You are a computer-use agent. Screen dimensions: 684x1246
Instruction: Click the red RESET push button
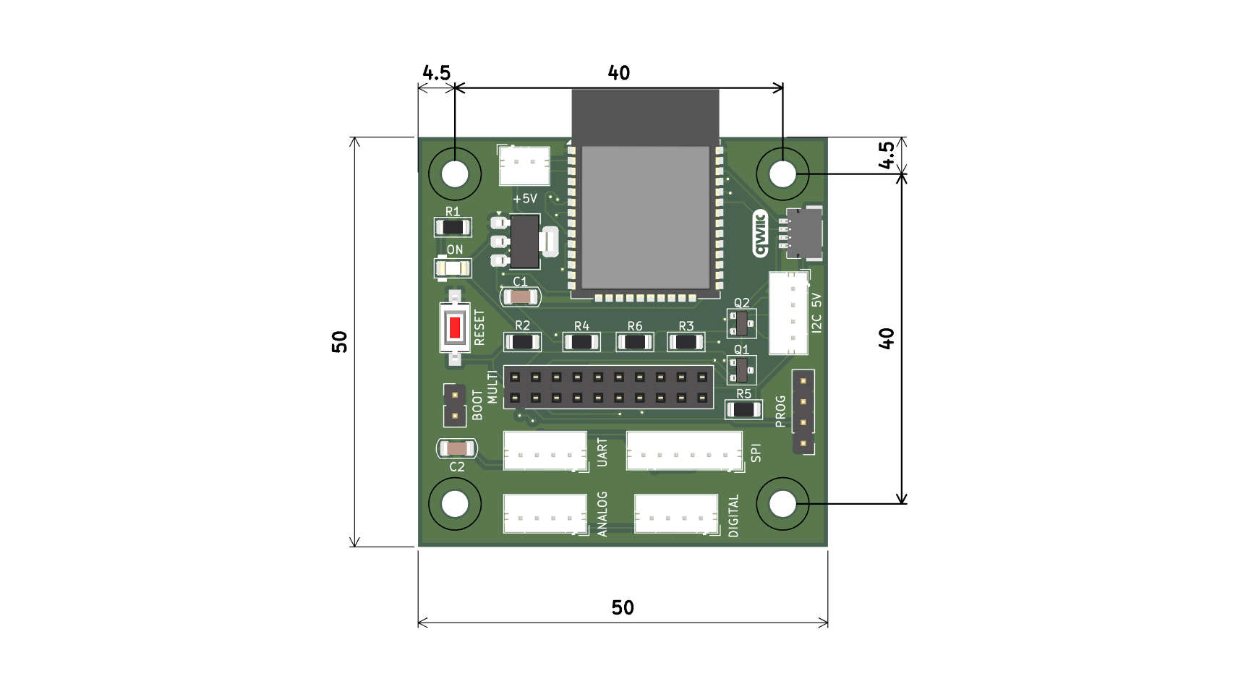454,328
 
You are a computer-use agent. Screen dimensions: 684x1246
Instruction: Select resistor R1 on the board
453,227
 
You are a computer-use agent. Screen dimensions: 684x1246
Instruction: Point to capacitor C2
456,449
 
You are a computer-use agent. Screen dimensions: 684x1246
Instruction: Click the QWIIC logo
759,234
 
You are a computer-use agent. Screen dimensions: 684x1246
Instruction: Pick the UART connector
545,451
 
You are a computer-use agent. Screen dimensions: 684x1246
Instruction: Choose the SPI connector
683,451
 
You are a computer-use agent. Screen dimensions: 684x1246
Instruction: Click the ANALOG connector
545,514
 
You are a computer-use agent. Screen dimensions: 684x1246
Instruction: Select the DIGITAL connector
676,514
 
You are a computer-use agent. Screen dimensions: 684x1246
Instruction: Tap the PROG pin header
803,411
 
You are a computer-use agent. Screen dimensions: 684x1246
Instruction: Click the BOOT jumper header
454,406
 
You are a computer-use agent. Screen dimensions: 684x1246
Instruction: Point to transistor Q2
741,323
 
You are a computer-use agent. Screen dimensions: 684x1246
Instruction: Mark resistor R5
743,410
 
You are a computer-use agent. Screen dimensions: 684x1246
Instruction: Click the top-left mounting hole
455,174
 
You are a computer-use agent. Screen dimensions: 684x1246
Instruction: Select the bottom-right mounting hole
782,504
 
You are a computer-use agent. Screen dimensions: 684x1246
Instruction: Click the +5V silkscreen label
525,199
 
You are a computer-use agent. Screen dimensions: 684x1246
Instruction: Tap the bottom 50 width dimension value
623,608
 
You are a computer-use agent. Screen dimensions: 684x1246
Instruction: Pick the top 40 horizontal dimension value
619,73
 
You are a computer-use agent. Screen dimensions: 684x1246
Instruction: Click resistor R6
634,341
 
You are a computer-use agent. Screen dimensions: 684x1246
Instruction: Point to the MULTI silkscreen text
492,387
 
